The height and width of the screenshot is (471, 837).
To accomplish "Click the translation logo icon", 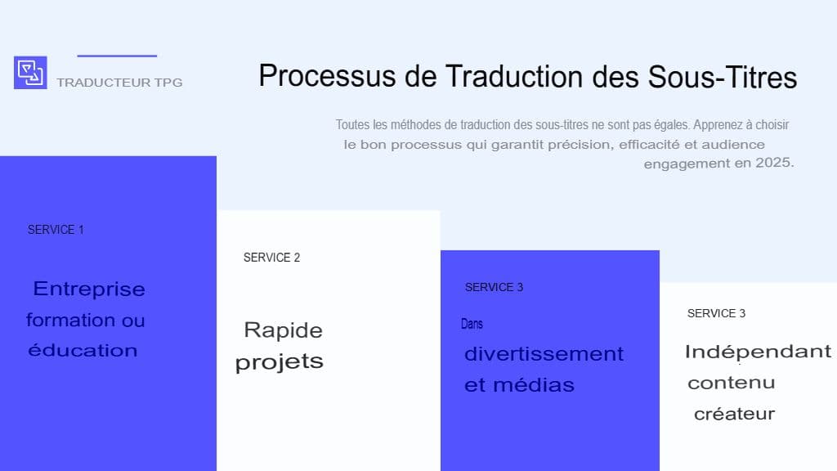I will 30,73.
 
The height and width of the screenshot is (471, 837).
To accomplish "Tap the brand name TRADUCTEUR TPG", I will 119,83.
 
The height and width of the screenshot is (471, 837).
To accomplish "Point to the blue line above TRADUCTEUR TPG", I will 117,56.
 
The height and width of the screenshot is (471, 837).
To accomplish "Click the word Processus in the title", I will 328,76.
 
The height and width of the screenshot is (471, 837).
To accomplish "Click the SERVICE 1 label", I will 56,230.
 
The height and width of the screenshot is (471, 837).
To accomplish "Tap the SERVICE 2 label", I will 271,258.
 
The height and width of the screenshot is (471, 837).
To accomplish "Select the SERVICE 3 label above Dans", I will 494,287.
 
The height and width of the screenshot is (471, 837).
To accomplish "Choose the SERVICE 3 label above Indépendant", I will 716,313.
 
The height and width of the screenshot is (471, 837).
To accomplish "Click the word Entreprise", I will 89,289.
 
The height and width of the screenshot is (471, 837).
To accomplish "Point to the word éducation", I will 83,351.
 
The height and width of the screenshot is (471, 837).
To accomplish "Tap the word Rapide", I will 283,330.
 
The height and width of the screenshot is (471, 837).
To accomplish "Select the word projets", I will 279,362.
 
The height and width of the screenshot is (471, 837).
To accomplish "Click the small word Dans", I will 472,324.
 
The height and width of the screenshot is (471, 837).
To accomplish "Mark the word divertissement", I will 544,354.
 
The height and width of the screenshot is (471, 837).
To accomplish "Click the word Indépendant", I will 757,352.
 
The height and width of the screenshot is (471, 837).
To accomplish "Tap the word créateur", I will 734,414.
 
